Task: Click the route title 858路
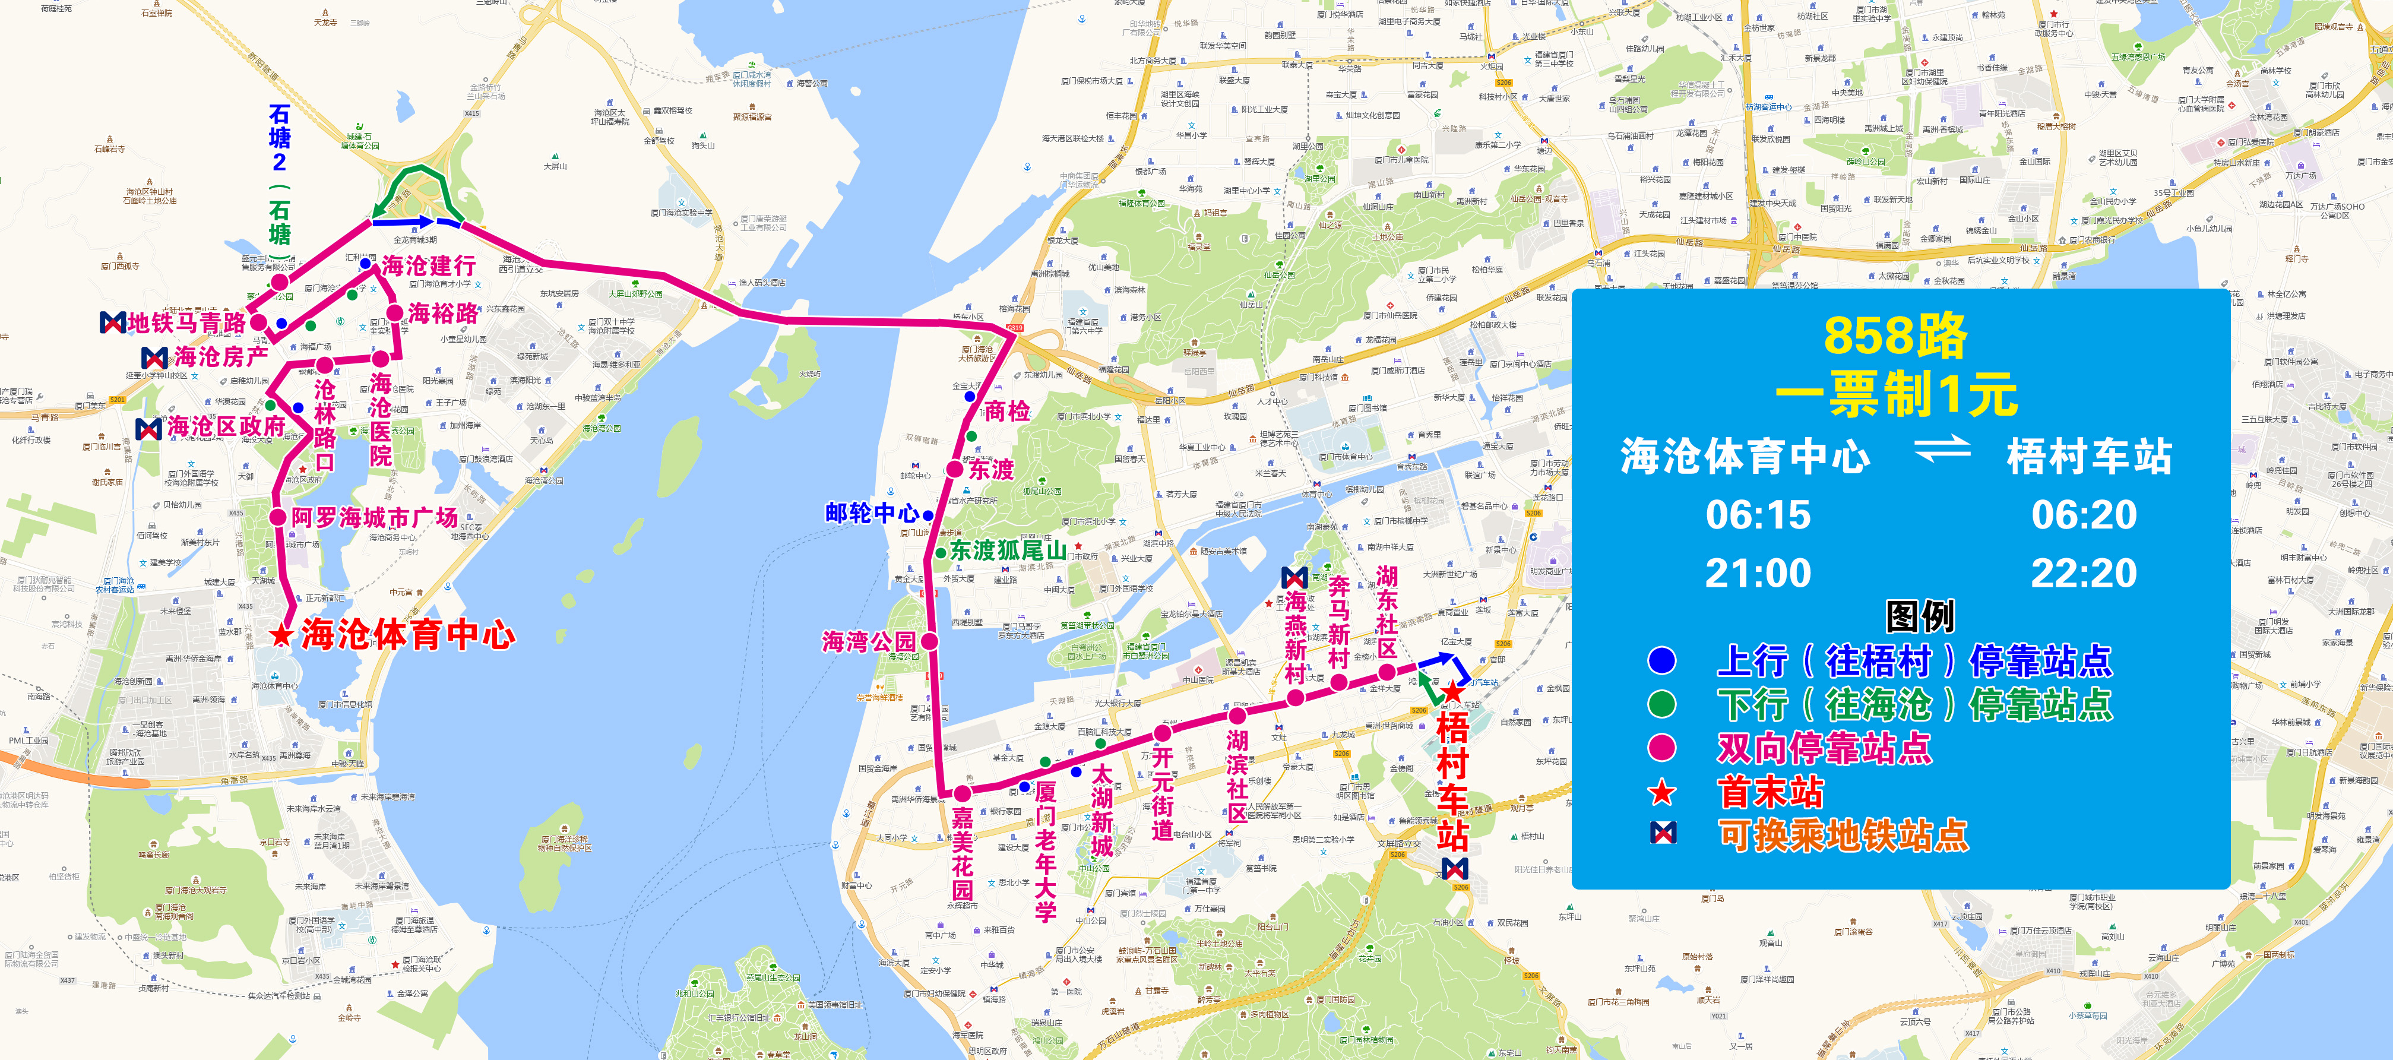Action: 1895,336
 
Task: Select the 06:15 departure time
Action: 1758,515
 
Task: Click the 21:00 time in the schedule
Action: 1758,573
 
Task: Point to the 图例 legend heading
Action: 1919,616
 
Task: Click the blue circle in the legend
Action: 1662,660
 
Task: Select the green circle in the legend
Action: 1662,704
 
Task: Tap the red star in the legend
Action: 1662,792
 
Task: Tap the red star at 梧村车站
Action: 1453,692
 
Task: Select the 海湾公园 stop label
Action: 869,641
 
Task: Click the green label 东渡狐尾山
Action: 1008,550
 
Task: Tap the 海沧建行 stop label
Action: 428,265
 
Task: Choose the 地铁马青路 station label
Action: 186,323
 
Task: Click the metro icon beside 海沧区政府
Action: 148,428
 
